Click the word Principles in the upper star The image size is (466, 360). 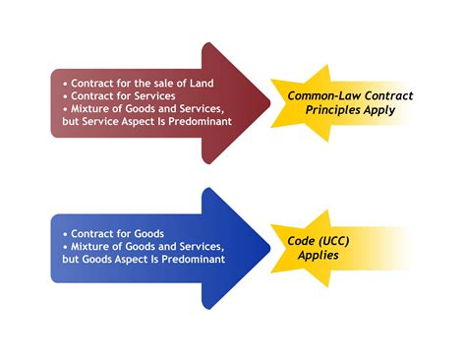[x=329, y=111]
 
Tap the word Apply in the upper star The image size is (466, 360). [x=379, y=111]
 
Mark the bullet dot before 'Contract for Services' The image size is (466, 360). [x=65, y=96]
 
